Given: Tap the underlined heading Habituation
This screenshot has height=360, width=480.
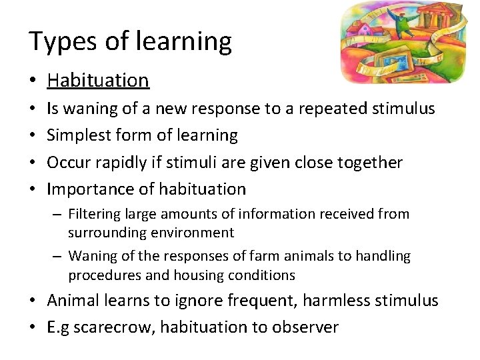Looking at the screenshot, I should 98,81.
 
